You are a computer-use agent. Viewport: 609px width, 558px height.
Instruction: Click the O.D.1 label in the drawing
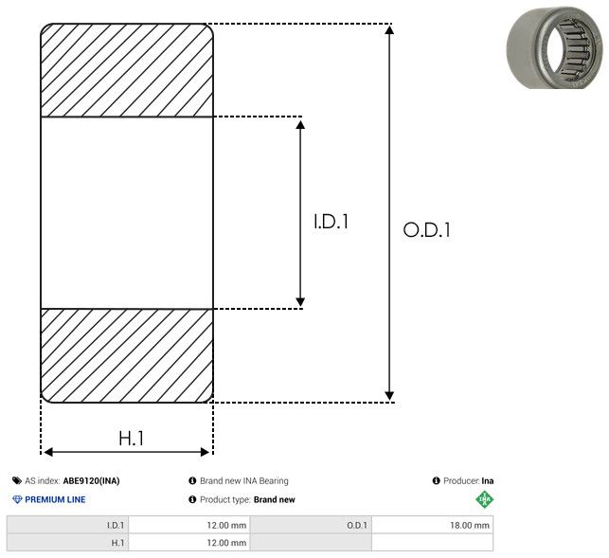point(426,229)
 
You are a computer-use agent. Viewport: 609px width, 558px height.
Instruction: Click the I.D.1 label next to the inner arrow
point(331,222)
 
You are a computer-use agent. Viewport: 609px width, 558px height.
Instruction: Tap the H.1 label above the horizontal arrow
point(132,439)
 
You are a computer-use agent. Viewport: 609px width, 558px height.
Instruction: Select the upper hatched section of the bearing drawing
point(127,70)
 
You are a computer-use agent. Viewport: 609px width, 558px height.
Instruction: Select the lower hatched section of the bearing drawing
point(127,355)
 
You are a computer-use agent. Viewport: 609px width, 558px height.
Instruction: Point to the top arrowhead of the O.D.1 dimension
point(389,29)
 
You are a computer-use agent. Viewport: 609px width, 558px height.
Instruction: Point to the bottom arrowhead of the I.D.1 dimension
point(300,301)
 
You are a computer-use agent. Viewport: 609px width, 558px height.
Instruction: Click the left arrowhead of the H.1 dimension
point(48,452)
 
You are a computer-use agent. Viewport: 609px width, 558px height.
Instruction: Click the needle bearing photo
point(555,47)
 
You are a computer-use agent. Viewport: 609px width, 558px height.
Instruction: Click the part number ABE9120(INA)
point(91,480)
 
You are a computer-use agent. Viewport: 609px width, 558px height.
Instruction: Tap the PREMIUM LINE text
point(55,499)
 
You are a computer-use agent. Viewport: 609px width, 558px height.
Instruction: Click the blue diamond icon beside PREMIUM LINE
point(17,499)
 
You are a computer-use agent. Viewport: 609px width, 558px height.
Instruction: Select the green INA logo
point(485,499)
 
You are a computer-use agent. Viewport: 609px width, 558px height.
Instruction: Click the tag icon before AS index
point(17,480)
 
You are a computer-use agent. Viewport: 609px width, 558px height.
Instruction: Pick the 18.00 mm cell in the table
point(469,526)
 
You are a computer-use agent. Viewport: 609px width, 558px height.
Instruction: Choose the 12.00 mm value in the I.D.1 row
point(226,526)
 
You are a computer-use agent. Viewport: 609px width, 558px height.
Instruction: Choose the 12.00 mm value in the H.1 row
point(226,543)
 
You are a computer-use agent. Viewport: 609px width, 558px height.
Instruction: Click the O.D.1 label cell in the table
point(357,526)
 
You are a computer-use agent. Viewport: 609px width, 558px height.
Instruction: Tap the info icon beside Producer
point(436,480)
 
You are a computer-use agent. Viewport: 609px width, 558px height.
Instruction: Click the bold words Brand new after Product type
point(275,499)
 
